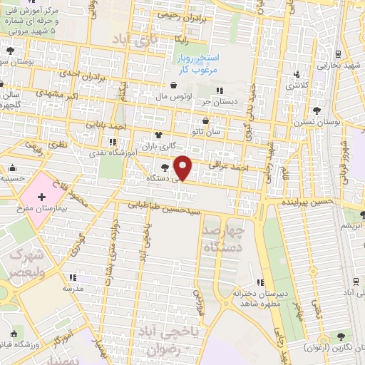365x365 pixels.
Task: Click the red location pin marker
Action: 183,168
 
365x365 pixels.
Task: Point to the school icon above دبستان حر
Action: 220,91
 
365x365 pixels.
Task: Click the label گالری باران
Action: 158,145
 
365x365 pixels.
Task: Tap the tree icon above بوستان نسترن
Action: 317,110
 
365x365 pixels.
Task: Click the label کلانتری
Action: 299,86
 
